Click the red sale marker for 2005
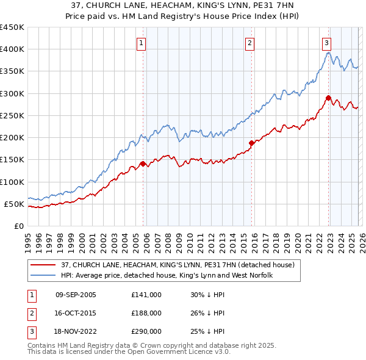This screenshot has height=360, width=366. click(x=143, y=164)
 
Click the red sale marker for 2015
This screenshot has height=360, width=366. click(x=251, y=143)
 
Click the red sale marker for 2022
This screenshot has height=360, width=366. click(x=328, y=98)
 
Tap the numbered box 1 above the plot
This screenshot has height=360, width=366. click(x=141, y=43)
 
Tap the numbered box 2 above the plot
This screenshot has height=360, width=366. click(x=250, y=43)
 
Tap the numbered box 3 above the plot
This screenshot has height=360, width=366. click(x=326, y=43)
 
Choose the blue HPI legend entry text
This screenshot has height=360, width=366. click(x=166, y=275)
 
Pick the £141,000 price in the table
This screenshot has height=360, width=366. click(x=146, y=295)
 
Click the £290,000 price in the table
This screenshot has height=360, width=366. click(x=146, y=331)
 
